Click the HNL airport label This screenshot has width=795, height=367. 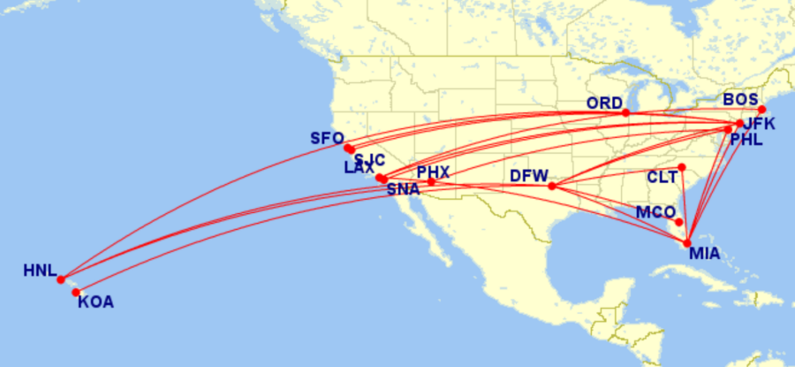(x=40, y=271)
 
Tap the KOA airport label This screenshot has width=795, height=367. (x=95, y=302)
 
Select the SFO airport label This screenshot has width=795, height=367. (x=326, y=139)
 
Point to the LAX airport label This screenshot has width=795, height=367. (x=359, y=168)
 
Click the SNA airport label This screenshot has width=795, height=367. (x=403, y=188)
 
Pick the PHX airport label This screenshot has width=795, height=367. (x=434, y=172)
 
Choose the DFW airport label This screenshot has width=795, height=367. (x=529, y=176)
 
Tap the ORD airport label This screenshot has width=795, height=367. (x=605, y=103)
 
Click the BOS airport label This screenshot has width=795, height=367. (x=740, y=99)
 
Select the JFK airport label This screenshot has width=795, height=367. (x=760, y=124)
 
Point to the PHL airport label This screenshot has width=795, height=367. (x=747, y=140)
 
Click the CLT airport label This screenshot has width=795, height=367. (x=662, y=177)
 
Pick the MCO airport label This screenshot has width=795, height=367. (x=655, y=212)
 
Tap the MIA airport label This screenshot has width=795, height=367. (x=705, y=255)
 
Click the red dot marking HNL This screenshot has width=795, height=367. (x=61, y=279)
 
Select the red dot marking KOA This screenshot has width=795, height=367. (x=76, y=292)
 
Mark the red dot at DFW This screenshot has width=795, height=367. (x=552, y=186)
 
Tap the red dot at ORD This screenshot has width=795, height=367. (x=626, y=112)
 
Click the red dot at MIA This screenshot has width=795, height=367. (x=687, y=242)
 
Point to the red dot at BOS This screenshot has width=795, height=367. (x=762, y=110)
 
